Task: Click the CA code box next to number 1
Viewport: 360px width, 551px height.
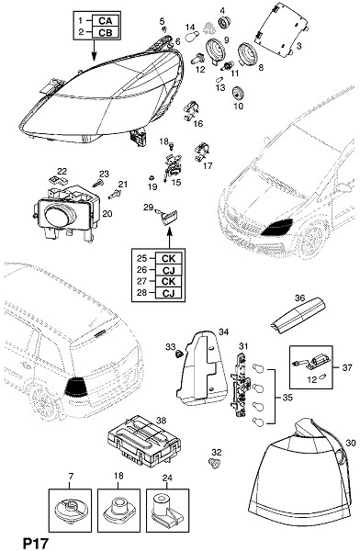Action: tap(106, 21)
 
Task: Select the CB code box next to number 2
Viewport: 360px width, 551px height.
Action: tap(106, 32)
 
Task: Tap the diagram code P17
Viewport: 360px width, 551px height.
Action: tap(35, 544)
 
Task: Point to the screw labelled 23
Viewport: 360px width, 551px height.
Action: tap(97, 183)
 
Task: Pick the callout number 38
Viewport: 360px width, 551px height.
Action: tap(162, 421)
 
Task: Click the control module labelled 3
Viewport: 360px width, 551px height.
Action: tap(281, 29)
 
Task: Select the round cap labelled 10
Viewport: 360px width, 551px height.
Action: tap(238, 93)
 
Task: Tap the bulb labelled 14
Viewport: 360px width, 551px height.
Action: tap(194, 35)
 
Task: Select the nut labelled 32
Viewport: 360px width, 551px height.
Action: tap(214, 463)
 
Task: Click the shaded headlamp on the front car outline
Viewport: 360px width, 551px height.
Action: tap(277, 228)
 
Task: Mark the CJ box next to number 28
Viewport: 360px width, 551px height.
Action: tap(168, 293)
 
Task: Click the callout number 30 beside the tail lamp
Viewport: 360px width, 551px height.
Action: tap(351, 443)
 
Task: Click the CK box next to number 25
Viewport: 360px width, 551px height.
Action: tap(168, 258)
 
